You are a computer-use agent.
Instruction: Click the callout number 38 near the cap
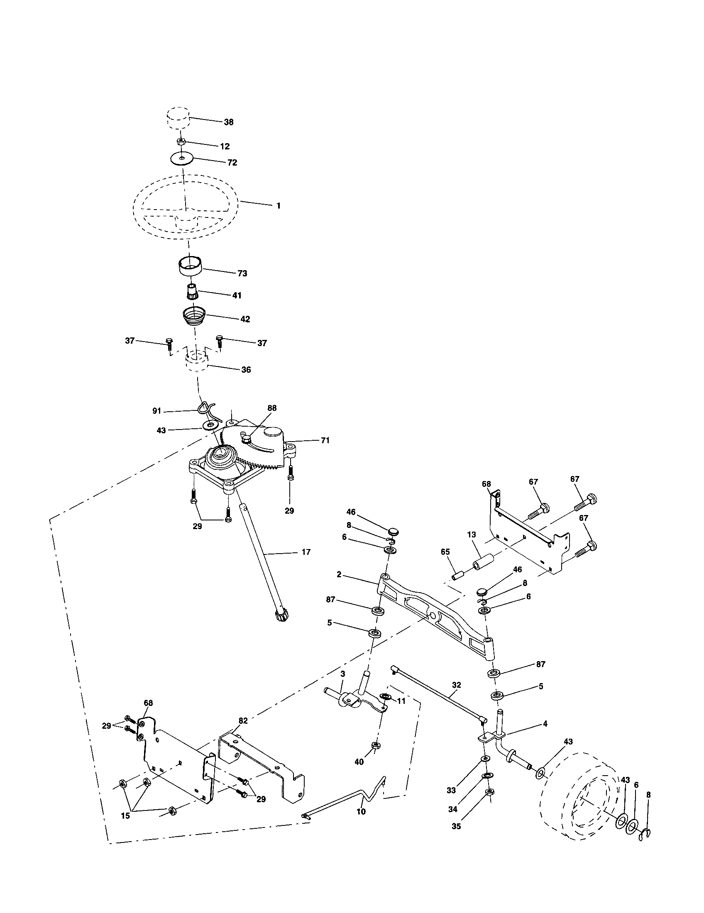(x=228, y=122)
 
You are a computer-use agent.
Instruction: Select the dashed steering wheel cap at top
(x=178, y=118)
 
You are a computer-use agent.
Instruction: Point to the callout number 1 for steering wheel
(x=279, y=206)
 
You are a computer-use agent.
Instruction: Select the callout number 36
(x=246, y=369)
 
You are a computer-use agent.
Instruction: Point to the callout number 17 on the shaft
(x=306, y=552)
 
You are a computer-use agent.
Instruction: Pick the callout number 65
(x=445, y=552)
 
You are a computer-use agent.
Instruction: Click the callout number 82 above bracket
(x=243, y=720)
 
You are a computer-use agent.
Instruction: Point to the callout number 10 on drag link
(x=361, y=811)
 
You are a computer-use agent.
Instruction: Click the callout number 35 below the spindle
(x=457, y=826)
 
